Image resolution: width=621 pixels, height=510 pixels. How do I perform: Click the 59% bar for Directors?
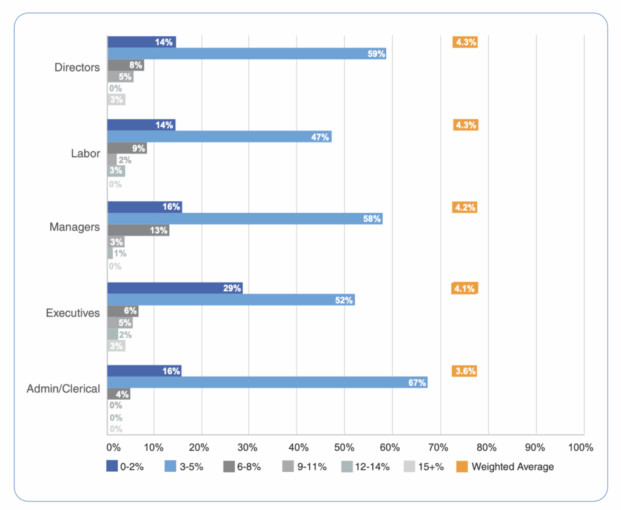coord(246,53)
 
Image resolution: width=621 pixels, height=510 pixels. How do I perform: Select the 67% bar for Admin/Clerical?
coord(267,382)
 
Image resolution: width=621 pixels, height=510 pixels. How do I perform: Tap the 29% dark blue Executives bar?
coord(175,288)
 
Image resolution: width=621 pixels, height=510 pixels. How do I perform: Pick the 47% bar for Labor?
coord(219,136)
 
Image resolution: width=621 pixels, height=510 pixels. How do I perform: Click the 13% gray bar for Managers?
coord(138,230)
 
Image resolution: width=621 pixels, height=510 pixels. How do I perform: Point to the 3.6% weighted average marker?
coord(465,371)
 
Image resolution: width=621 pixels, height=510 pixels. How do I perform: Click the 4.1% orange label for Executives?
coord(465,289)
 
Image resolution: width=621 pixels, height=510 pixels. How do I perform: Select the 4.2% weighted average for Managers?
coord(465,207)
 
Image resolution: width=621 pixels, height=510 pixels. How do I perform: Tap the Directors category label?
coord(77,67)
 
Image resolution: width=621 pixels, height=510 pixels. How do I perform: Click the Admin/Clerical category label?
coord(63,389)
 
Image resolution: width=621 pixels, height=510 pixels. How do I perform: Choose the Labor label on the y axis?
coord(85,153)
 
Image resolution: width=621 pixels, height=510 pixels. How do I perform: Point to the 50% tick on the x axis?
coord(343,448)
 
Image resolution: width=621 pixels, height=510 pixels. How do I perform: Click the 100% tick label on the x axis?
coord(581,448)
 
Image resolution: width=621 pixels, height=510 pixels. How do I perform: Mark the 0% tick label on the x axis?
coord(113,448)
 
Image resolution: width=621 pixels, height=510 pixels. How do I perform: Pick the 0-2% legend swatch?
coord(112,466)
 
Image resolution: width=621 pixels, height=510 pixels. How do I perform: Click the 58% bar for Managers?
coord(245,218)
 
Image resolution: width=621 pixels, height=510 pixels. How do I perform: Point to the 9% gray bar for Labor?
coord(127,148)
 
